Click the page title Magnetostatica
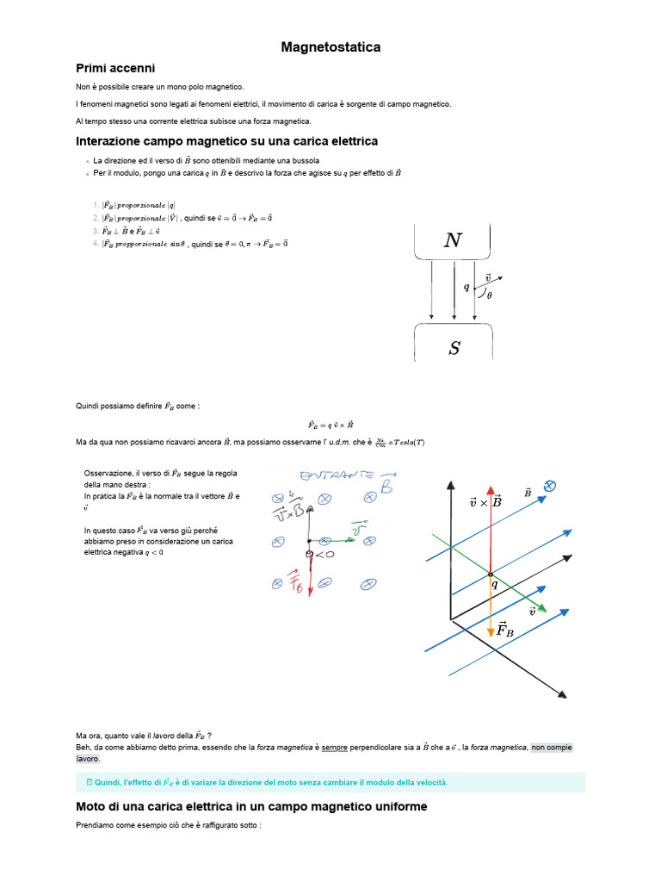click(x=330, y=47)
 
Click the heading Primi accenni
click(x=115, y=68)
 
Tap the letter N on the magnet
click(x=453, y=241)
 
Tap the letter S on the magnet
click(x=454, y=348)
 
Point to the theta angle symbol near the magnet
click(x=490, y=295)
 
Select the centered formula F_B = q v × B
click(x=330, y=424)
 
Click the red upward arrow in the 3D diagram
click(x=491, y=525)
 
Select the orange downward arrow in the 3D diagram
click(x=491, y=607)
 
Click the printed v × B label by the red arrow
click(x=486, y=501)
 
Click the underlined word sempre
click(x=335, y=748)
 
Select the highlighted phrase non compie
click(x=551, y=748)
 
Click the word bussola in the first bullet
click(x=306, y=160)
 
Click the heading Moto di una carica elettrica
click(x=251, y=807)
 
